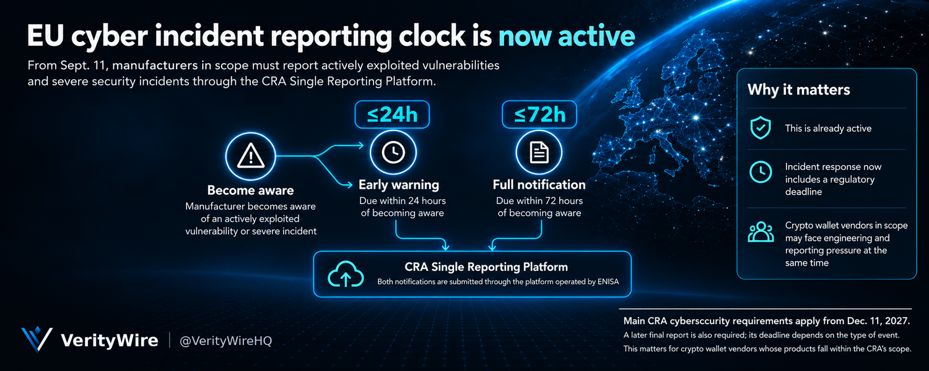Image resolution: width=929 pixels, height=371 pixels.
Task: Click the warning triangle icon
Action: coord(250,156)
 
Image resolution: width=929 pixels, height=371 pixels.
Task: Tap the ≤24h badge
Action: coord(392,114)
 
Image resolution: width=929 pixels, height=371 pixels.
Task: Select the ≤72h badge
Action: coord(539,114)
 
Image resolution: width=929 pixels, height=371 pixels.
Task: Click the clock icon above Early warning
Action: coord(393,152)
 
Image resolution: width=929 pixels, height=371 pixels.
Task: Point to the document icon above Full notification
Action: coord(539,152)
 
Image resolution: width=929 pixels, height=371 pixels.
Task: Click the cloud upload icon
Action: coord(346,274)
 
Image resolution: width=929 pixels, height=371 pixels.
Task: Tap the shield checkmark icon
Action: coord(761,127)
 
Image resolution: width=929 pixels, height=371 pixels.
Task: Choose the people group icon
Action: coord(761,232)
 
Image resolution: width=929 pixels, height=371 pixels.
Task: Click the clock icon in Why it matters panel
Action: coord(761,172)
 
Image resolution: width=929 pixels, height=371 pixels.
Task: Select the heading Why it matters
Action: coord(799,90)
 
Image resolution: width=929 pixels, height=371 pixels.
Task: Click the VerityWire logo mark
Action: coord(37,339)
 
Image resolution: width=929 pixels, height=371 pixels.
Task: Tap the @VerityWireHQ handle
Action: coord(225,341)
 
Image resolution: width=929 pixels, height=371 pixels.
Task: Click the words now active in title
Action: coord(567,36)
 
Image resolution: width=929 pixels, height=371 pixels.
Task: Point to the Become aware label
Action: coord(250,190)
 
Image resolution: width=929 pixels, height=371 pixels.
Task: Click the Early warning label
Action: coord(399,185)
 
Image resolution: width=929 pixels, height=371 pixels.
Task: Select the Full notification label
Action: coord(539,185)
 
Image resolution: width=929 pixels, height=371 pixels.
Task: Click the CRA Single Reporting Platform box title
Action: coord(486,267)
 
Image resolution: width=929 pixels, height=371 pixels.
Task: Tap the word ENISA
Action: coord(608,282)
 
